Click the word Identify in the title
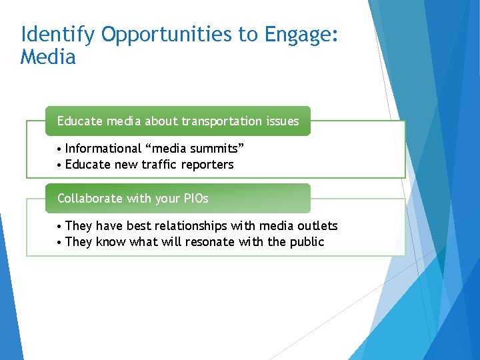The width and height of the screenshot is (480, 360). tap(56, 35)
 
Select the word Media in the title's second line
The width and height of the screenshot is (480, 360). tap(48, 58)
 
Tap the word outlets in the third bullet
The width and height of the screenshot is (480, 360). tap(319, 226)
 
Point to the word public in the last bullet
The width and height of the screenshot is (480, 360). tap(307, 242)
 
